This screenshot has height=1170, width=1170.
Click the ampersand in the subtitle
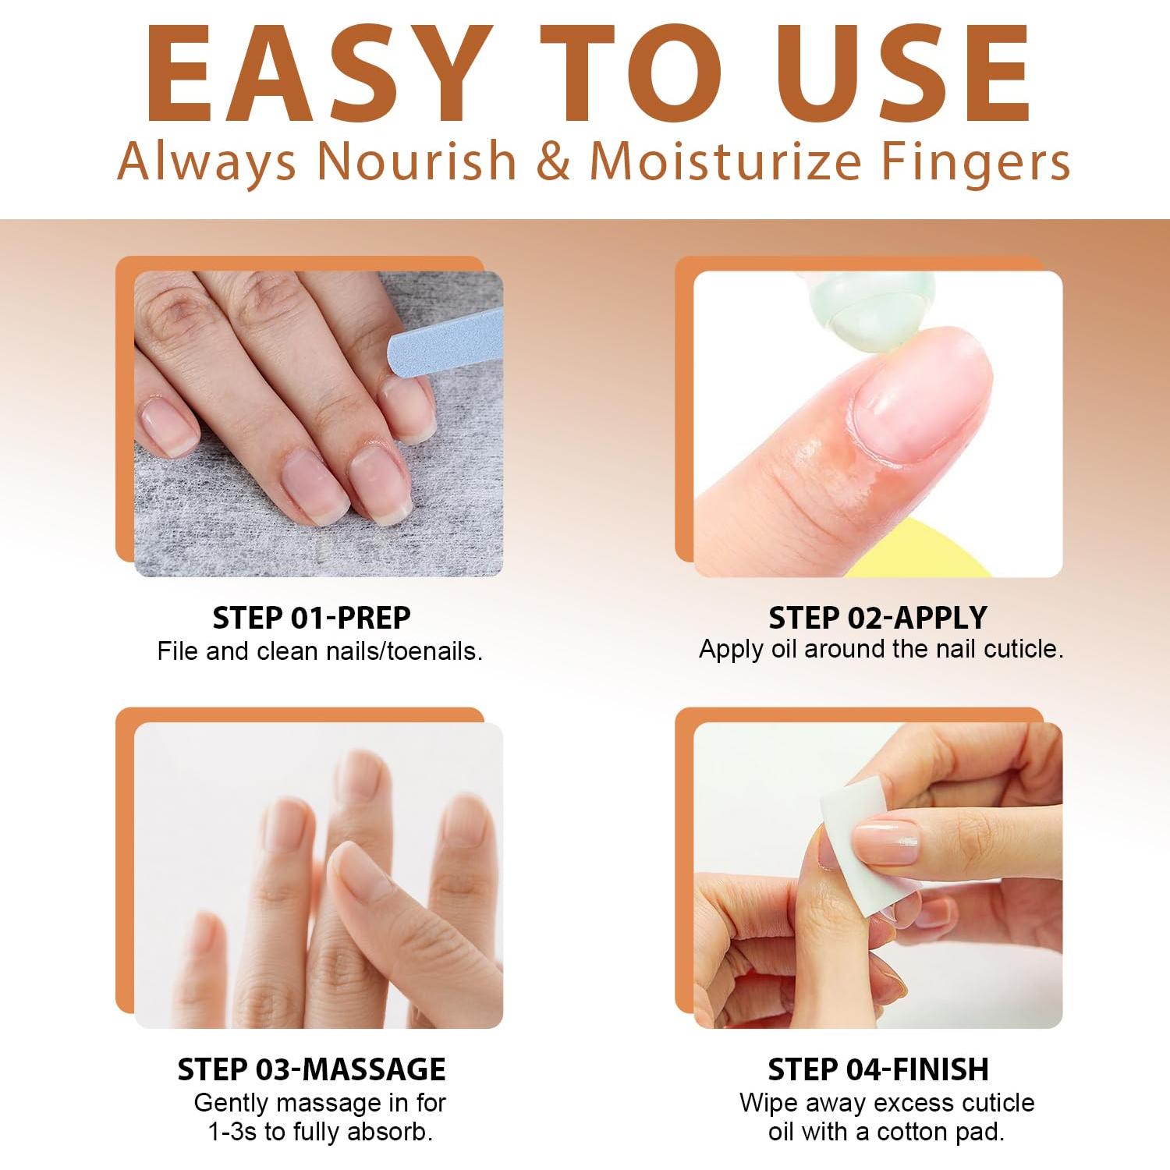click(x=553, y=161)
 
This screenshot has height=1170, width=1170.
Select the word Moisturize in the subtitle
click(x=725, y=161)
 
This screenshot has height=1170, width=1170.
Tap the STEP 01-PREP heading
click(x=311, y=618)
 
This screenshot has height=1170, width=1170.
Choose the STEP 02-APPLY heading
click(x=877, y=618)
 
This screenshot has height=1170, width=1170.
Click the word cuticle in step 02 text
click(x=1023, y=649)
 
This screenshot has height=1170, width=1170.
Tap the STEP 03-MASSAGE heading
click(x=311, y=1069)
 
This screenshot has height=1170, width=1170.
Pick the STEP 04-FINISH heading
click(x=877, y=1069)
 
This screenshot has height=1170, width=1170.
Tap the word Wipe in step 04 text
click(x=765, y=1103)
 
